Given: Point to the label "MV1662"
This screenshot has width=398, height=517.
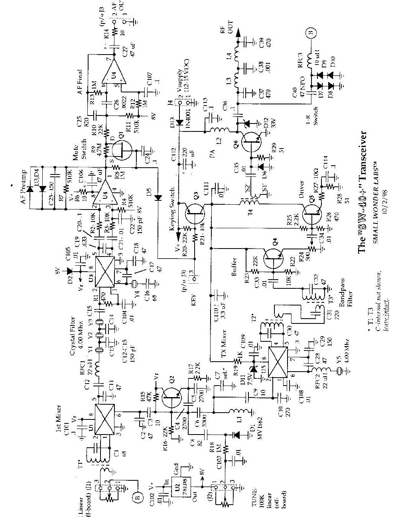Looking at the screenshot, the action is tap(261, 430).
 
